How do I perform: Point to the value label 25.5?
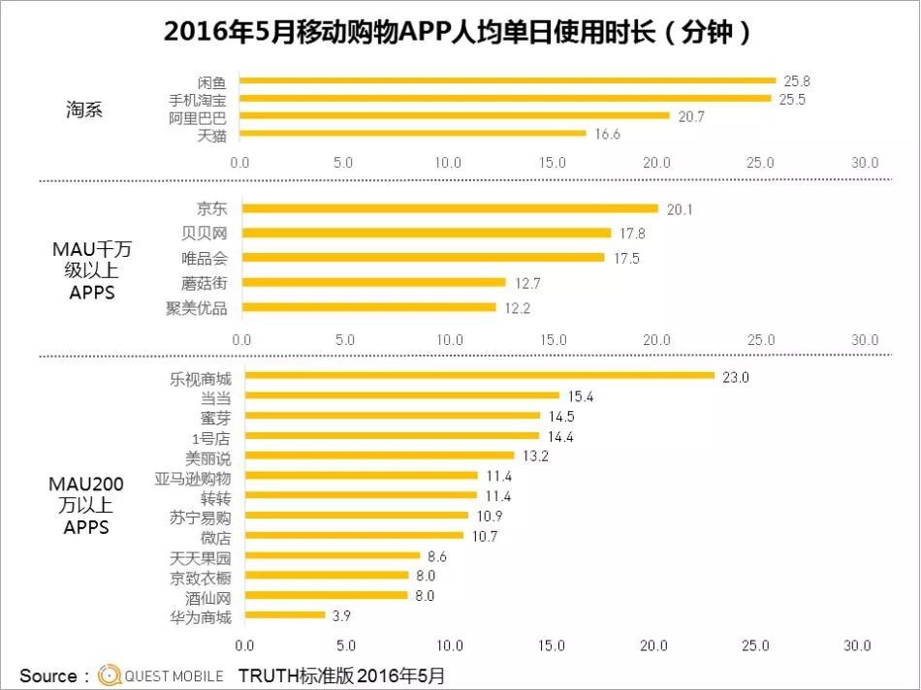coord(792,99)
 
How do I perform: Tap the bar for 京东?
coord(450,208)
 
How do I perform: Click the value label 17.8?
coord(631,234)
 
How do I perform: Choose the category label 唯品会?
coord(205,258)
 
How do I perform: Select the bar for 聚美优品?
coord(368,308)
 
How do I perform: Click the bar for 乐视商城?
coord(480,376)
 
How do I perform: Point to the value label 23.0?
coord(736,377)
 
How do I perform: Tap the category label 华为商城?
coord(201,615)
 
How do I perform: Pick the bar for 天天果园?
coord(333,556)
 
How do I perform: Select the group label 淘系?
coord(84,110)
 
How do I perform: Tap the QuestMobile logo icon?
coord(110,674)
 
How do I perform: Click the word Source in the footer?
coord(48,675)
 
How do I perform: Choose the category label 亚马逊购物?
coord(193,477)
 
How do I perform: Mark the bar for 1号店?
coord(392,436)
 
